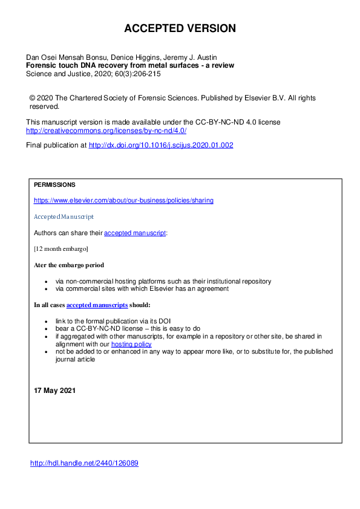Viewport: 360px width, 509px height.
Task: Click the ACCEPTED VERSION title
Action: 180,28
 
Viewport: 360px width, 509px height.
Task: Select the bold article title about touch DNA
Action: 130,65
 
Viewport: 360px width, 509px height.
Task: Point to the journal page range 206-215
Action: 148,74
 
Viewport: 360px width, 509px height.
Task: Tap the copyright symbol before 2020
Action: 32,98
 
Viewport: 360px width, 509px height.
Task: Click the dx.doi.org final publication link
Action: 161,145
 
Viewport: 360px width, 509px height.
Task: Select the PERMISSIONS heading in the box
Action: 54,185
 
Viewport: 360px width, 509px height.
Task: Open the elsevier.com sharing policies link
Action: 123,200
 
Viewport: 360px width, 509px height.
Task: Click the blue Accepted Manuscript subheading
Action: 64,216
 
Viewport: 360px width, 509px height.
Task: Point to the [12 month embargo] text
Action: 61,248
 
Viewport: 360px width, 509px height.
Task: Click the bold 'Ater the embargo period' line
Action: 69,265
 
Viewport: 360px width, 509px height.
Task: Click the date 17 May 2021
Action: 54,391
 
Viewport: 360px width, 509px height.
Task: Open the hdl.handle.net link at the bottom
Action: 85,464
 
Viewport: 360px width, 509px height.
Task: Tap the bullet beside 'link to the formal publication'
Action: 47,321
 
